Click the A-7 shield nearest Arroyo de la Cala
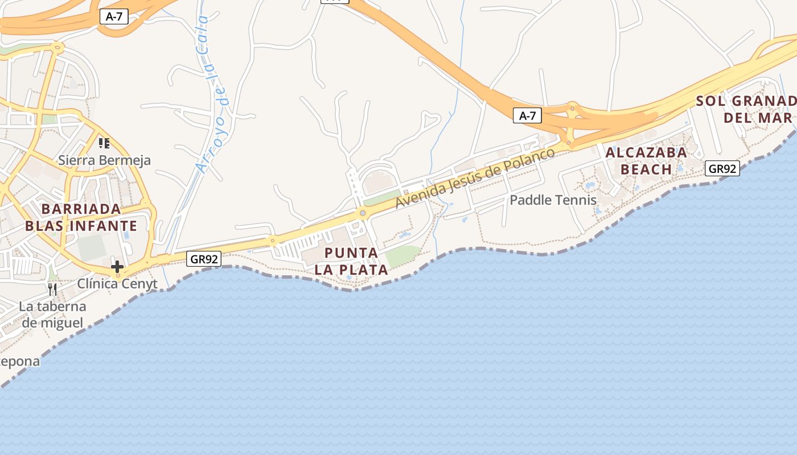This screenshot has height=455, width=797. coord(114,16)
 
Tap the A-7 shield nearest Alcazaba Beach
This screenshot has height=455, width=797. coord(528,116)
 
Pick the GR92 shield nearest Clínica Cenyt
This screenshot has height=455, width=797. coord(204,259)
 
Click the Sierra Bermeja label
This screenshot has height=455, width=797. coord(105,160)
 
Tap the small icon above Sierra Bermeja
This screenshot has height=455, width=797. coord(104,143)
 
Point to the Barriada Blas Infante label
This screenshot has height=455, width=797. coord(81,217)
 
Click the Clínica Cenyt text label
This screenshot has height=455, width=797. coord(117,283)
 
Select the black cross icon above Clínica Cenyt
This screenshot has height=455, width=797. coord(117,266)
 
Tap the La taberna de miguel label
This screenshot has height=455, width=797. coord(52,315)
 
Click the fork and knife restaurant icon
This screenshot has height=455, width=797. coord(52,289)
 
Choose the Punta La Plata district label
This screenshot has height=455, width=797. coord(351,261)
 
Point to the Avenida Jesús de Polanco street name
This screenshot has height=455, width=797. coord(475,178)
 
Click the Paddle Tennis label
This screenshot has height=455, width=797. coord(553,200)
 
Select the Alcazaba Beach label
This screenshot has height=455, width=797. coord(646,161)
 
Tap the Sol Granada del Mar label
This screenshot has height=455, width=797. coord(746,109)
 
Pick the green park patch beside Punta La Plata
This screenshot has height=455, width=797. coord(404,255)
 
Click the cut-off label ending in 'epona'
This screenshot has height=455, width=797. coord(20,361)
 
